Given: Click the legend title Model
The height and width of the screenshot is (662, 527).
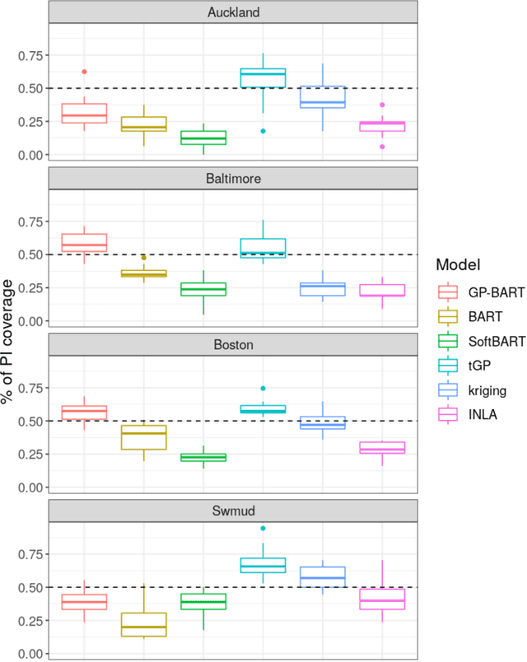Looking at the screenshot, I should coord(458,264).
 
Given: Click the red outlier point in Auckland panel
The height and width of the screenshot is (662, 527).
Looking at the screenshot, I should coord(84,72).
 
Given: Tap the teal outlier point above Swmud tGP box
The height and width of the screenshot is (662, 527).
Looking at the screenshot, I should coord(263,529).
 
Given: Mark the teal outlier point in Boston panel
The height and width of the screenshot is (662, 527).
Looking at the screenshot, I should coord(263,388).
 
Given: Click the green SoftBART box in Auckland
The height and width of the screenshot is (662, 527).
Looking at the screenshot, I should coord(203,138).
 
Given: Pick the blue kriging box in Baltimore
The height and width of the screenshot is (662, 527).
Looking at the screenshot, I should coord(322,289).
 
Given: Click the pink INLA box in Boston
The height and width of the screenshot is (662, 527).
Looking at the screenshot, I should coord(381,448).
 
